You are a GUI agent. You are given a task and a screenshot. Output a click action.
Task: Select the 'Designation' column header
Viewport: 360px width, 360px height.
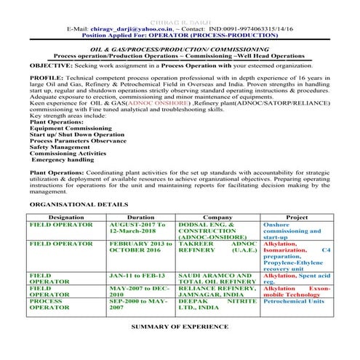click(65, 217)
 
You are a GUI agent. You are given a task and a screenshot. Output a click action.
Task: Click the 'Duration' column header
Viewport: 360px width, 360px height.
click(140, 217)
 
